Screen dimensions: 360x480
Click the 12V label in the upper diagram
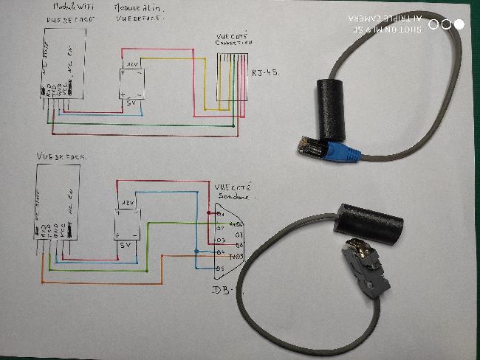coord(132,66)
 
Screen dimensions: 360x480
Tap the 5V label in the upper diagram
coord(134,103)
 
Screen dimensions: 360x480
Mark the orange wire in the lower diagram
coord(103,282)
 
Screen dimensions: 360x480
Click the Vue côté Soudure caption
coord(233,193)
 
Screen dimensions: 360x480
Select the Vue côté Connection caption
coord(232,39)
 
